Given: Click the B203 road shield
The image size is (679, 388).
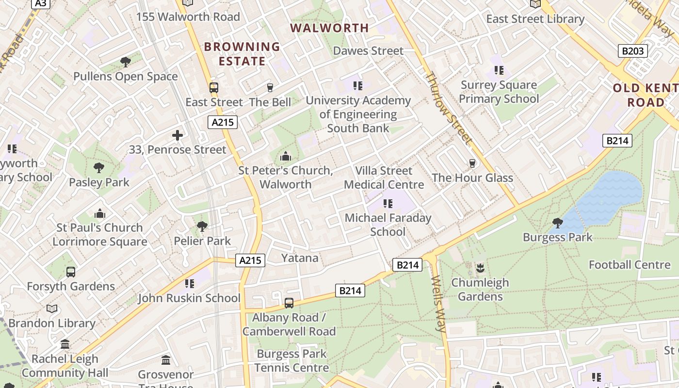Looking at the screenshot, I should [x=632, y=50].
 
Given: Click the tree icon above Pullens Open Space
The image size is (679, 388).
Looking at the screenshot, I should [x=126, y=62].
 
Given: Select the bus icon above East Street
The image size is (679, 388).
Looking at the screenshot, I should [x=214, y=88].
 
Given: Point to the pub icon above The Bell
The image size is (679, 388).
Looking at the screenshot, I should [x=270, y=88].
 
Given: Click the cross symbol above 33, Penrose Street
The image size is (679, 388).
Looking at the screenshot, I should [x=178, y=135].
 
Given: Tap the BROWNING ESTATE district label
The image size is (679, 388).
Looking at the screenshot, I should [x=242, y=54].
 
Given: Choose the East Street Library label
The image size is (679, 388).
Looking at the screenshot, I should [x=535, y=19].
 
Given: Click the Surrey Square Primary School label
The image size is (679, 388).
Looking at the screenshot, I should [x=499, y=92].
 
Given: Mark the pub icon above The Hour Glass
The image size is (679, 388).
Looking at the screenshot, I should [x=472, y=163].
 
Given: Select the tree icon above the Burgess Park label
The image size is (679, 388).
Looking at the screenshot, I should [x=558, y=223].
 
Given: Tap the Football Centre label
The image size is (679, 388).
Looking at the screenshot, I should [x=629, y=264].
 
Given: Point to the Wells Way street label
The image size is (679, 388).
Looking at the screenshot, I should [x=438, y=304].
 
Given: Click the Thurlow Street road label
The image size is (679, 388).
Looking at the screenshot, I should [x=448, y=108].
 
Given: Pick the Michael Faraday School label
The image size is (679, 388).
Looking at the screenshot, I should [x=388, y=225].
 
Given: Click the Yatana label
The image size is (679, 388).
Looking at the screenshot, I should [x=300, y=258].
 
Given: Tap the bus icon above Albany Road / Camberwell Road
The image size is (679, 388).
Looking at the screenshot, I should [x=289, y=303].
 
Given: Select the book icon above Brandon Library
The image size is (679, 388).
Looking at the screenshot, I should [x=52, y=308].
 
